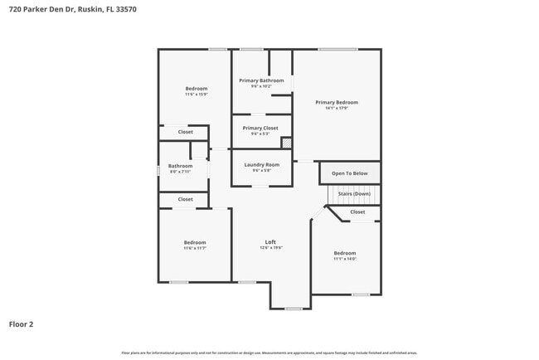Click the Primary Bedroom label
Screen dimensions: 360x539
(x=337, y=102)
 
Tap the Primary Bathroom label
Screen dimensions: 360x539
(x=261, y=80)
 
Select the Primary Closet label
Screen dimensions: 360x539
(x=260, y=128)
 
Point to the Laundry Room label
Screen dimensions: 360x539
(x=261, y=164)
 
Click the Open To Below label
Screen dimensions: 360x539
(x=350, y=173)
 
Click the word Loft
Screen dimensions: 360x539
(x=270, y=241)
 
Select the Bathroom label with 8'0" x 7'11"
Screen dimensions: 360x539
(x=180, y=166)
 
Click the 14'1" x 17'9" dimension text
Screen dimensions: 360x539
(x=337, y=108)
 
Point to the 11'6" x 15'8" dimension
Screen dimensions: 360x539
(x=197, y=94)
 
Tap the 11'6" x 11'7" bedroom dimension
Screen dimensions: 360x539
(x=195, y=248)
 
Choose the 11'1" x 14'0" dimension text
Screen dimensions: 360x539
(x=345, y=259)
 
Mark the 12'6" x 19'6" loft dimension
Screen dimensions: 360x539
(x=270, y=247)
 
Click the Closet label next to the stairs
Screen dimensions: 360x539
(x=357, y=212)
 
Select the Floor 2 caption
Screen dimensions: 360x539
(x=21, y=324)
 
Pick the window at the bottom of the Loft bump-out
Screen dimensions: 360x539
(x=294, y=309)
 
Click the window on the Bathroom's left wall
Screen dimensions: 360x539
(x=158, y=170)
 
